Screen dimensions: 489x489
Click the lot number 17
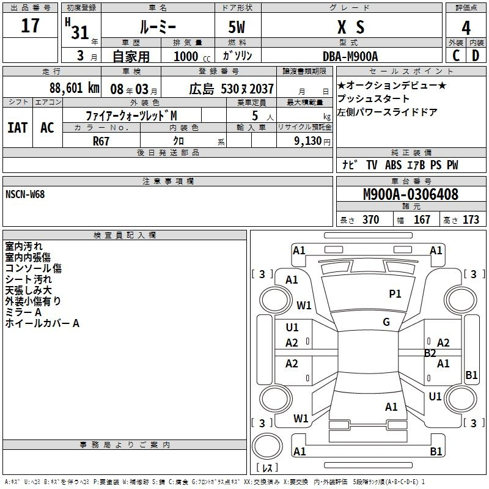(x=30, y=26)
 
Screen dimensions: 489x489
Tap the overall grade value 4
(x=466, y=28)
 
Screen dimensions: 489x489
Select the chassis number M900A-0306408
(x=411, y=194)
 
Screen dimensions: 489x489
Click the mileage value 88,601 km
(x=75, y=88)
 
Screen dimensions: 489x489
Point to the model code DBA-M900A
(x=350, y=56)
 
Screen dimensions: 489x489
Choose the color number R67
(x=101, y=141)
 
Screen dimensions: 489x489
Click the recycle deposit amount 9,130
(x=307, y=141)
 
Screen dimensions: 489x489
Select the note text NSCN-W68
(x=25, y=194)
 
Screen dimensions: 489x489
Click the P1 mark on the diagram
(x=395, y=293)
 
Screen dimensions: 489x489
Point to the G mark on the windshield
(x=386, y=322)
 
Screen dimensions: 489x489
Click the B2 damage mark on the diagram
(x=430, y=353)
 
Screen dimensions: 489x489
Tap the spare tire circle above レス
(x=267, y=446)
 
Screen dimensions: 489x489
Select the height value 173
(x=471, y=219)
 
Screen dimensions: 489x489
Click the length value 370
(x=371, y=219)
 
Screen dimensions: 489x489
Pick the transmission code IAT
(x=18, y=128)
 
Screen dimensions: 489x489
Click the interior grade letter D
(x=476, y=56)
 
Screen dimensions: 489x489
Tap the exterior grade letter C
(x=456, y=56)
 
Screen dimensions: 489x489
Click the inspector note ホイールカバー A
(x=42, y=323)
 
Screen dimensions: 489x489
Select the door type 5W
(x=237, y=27)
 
